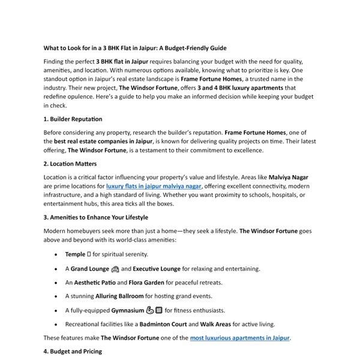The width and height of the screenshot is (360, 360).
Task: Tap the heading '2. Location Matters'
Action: coord(70,163)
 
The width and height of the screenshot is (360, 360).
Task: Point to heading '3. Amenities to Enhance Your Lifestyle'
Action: coord(96,217)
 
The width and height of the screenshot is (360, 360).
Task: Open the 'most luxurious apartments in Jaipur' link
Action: coord(240,338)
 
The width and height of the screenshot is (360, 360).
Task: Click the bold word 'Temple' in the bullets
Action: coord(75,254)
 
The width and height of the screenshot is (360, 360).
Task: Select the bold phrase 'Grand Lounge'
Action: coord(90,269)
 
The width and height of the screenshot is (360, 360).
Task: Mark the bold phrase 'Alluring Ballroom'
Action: coord(119,296)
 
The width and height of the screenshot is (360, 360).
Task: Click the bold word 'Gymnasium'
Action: coord(124,310)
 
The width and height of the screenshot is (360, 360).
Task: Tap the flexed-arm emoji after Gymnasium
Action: coord(150,310)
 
